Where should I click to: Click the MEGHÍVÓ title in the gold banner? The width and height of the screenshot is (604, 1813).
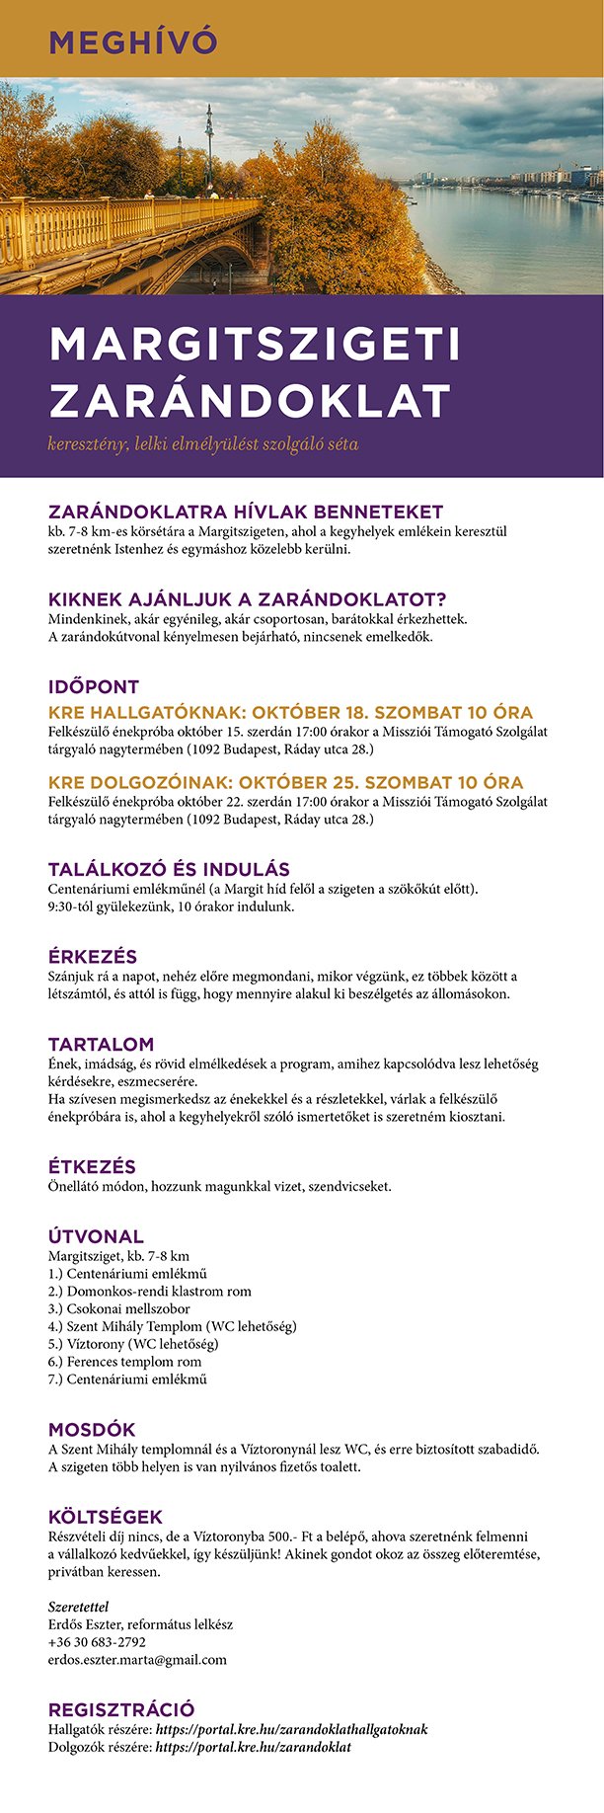point(132,42)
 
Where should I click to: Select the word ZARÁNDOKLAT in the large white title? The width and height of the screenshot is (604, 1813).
point(250,401)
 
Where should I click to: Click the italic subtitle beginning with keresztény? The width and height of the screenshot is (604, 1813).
point(202,444)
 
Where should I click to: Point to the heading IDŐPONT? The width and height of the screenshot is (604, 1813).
point(94,686)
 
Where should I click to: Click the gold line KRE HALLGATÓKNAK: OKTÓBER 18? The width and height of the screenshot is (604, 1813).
point(290,712)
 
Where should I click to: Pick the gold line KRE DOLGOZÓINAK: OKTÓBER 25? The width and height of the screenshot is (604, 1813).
point(285,783)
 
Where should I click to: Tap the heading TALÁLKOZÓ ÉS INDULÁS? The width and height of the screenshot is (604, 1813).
point(169,869)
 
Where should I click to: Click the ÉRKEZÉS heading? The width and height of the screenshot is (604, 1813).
point(93,956)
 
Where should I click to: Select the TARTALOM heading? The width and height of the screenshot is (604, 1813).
point(101,1044)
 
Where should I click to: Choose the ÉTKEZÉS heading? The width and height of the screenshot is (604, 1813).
point(92,1166)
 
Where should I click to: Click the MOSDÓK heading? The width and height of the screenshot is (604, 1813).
point(92,1429)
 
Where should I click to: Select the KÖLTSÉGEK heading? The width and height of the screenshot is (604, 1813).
point(106,1517)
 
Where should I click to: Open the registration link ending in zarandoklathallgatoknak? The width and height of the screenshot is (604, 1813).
point(291,1729)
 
